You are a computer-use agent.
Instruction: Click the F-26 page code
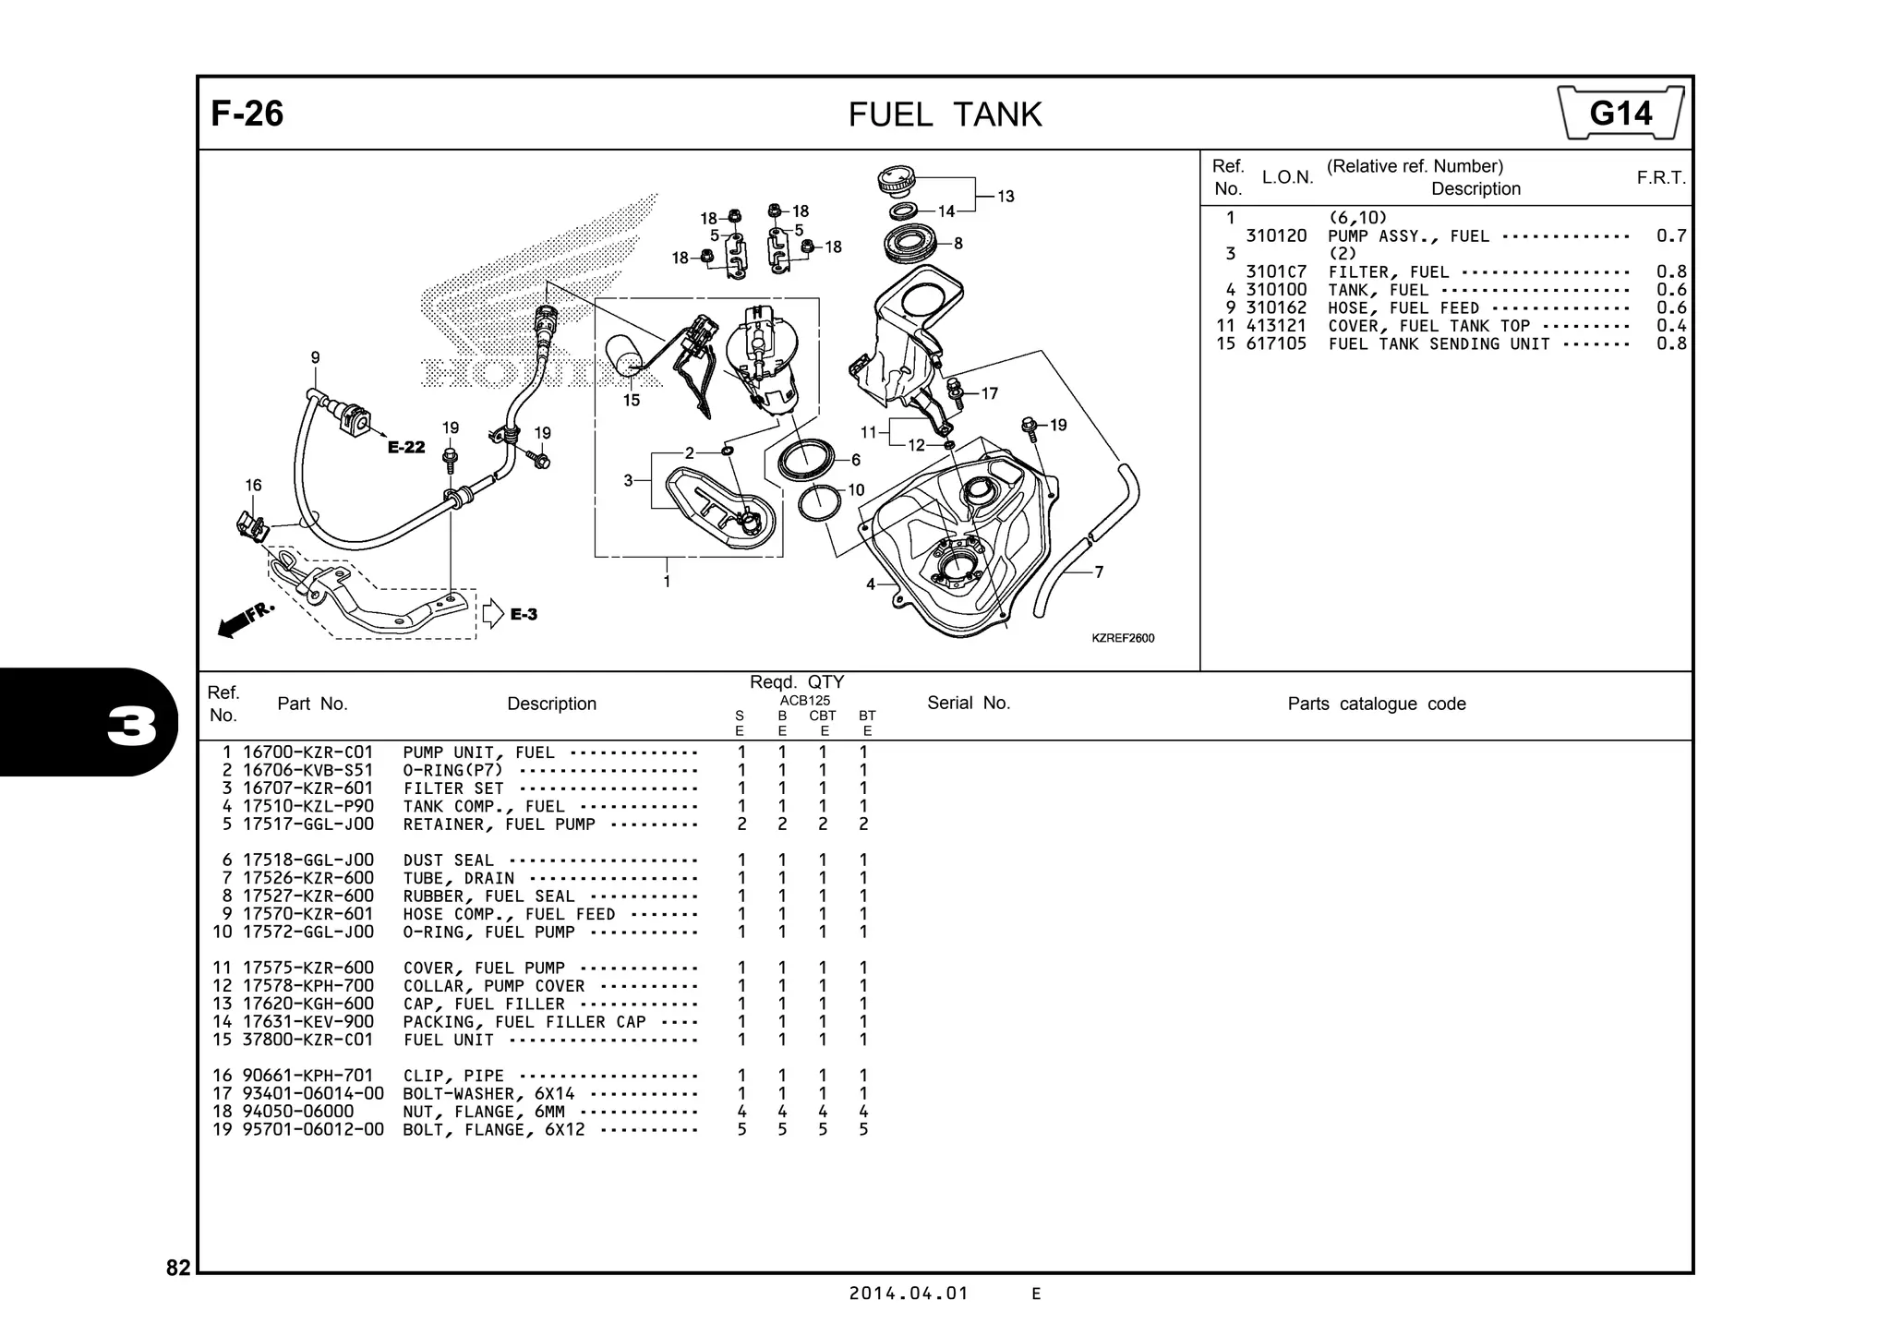pyautogui.click(x=247, y=114)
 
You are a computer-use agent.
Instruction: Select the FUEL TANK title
pyautogui.click(x=945, y=114)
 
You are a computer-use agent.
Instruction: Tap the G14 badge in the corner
pyautogui.click(x=1620, y=114)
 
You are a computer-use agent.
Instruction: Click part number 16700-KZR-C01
pyautogui.click(x=307, y=752)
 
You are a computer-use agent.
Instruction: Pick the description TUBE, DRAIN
pyautogui.click(x=458, y=878)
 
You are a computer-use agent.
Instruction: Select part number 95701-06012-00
pyautogui.click(x=313, y=1129)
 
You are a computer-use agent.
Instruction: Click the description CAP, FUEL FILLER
pyautogui.click(x=483, y=1004)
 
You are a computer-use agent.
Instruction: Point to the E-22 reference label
pyautogui.click(x=406, y=448)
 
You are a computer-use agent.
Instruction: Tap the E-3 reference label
pyautogui.click(x=524, y=614)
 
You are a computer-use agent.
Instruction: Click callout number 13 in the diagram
pyautogui.click(x=1006, y=196)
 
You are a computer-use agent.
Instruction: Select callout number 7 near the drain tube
pyautogui.click(x=1099, y=572)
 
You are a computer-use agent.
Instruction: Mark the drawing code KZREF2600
pyautogui.click(x=1122, y=638)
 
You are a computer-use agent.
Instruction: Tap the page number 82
pyautogui.click(x=178, y=1268)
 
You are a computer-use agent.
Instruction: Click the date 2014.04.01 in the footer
pyautogui.click(x=909, y=1294)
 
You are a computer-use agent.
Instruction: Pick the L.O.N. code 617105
pyautogui.click(x=1276, y=343)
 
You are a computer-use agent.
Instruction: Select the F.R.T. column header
pyautogui.click(x=1660, y=177)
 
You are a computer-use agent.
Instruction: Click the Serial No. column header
pyautogui.click(x=969, y=703)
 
